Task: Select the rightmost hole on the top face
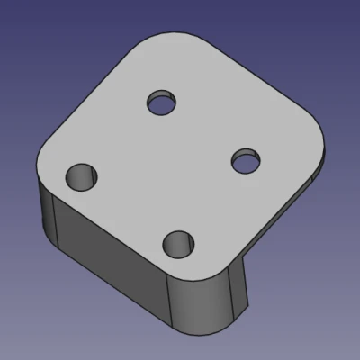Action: pyautogui.click(x=246, y=162)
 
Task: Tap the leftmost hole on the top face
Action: pyautogui.click(x=82, y=175)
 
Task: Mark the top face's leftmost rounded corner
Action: pyautogui.click(x=43, y=162)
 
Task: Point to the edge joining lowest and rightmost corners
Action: pyautogui.click(x=270, y=220)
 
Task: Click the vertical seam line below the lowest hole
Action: pyautogui.click(x=172, y=301)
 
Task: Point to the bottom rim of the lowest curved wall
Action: pyautogui.click(x=211, y=327)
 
